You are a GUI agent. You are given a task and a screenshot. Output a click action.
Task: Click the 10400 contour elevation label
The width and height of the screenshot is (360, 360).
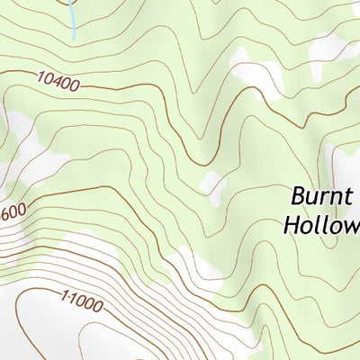[58, 83]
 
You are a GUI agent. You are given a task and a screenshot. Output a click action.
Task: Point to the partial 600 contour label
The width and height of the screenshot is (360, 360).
[13, 213]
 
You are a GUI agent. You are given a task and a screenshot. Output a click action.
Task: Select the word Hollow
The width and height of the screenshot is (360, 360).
[320, 224]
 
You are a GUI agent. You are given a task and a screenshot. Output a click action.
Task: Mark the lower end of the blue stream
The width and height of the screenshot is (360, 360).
[73, 38]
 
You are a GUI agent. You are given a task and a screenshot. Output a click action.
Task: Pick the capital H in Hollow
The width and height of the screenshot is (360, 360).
[291, 224]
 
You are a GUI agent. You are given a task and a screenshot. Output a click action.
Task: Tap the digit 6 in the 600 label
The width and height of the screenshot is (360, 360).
[6, 216]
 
